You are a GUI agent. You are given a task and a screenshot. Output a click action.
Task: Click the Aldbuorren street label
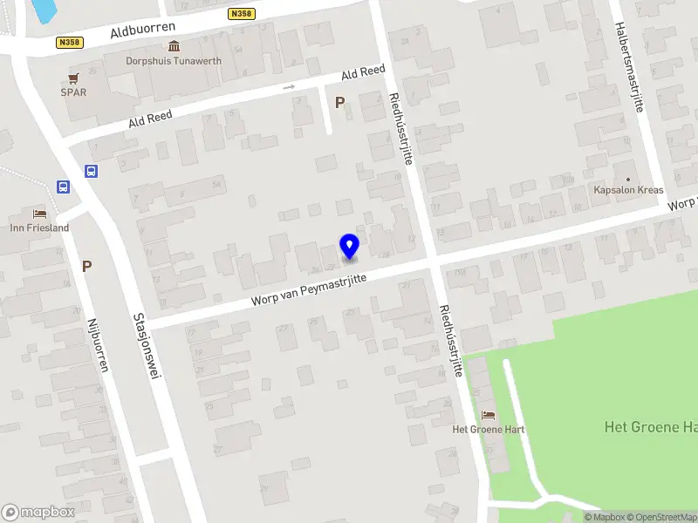[x=143, y=31]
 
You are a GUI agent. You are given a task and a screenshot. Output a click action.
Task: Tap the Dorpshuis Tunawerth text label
[x=174, y=61]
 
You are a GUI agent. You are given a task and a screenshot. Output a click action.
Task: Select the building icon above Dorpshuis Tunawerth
[x=174, y=46]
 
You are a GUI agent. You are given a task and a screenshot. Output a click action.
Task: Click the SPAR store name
[x=73, y=92]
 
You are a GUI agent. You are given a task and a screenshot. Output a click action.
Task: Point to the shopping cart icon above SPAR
[x=73, y=78]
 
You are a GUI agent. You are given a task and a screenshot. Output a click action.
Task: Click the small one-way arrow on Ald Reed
[x=289, y=87]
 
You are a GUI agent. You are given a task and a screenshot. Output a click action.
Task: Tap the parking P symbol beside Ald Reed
[x=339, y=102]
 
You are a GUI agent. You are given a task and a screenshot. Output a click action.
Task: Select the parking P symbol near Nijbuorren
[x=86, y=266]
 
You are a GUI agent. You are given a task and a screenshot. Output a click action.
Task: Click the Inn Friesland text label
[x=39, y=228]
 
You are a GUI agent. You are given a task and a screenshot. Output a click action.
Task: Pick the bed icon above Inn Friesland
[x=39, y=214]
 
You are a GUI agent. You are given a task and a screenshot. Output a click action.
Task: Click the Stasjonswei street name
[x=145, y=351]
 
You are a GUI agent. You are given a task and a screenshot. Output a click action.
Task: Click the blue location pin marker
[x=349, y=246]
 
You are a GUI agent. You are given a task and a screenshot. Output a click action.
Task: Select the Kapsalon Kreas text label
[x=628, y=190]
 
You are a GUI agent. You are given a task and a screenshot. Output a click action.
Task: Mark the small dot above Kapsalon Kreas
[x=628, y=178]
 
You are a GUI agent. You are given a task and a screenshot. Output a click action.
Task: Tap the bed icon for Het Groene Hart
[x=488, y=415]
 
